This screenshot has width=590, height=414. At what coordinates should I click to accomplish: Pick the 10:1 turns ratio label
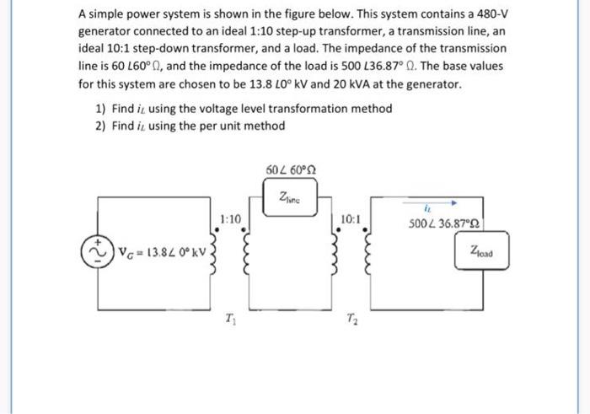[351, 218]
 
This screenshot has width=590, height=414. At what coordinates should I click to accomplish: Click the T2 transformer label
[351, 318]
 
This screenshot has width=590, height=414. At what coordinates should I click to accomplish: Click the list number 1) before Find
[100, 109]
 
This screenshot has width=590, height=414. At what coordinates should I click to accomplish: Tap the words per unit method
[244, 126]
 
